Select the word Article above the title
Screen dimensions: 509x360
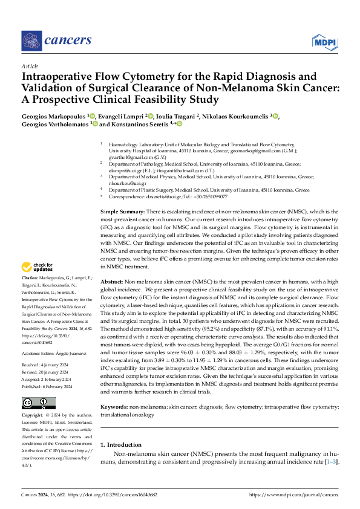(x=30, y=66)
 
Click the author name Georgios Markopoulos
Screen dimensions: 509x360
(x=54, y=115)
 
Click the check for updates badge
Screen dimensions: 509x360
(x=38, y=267)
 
